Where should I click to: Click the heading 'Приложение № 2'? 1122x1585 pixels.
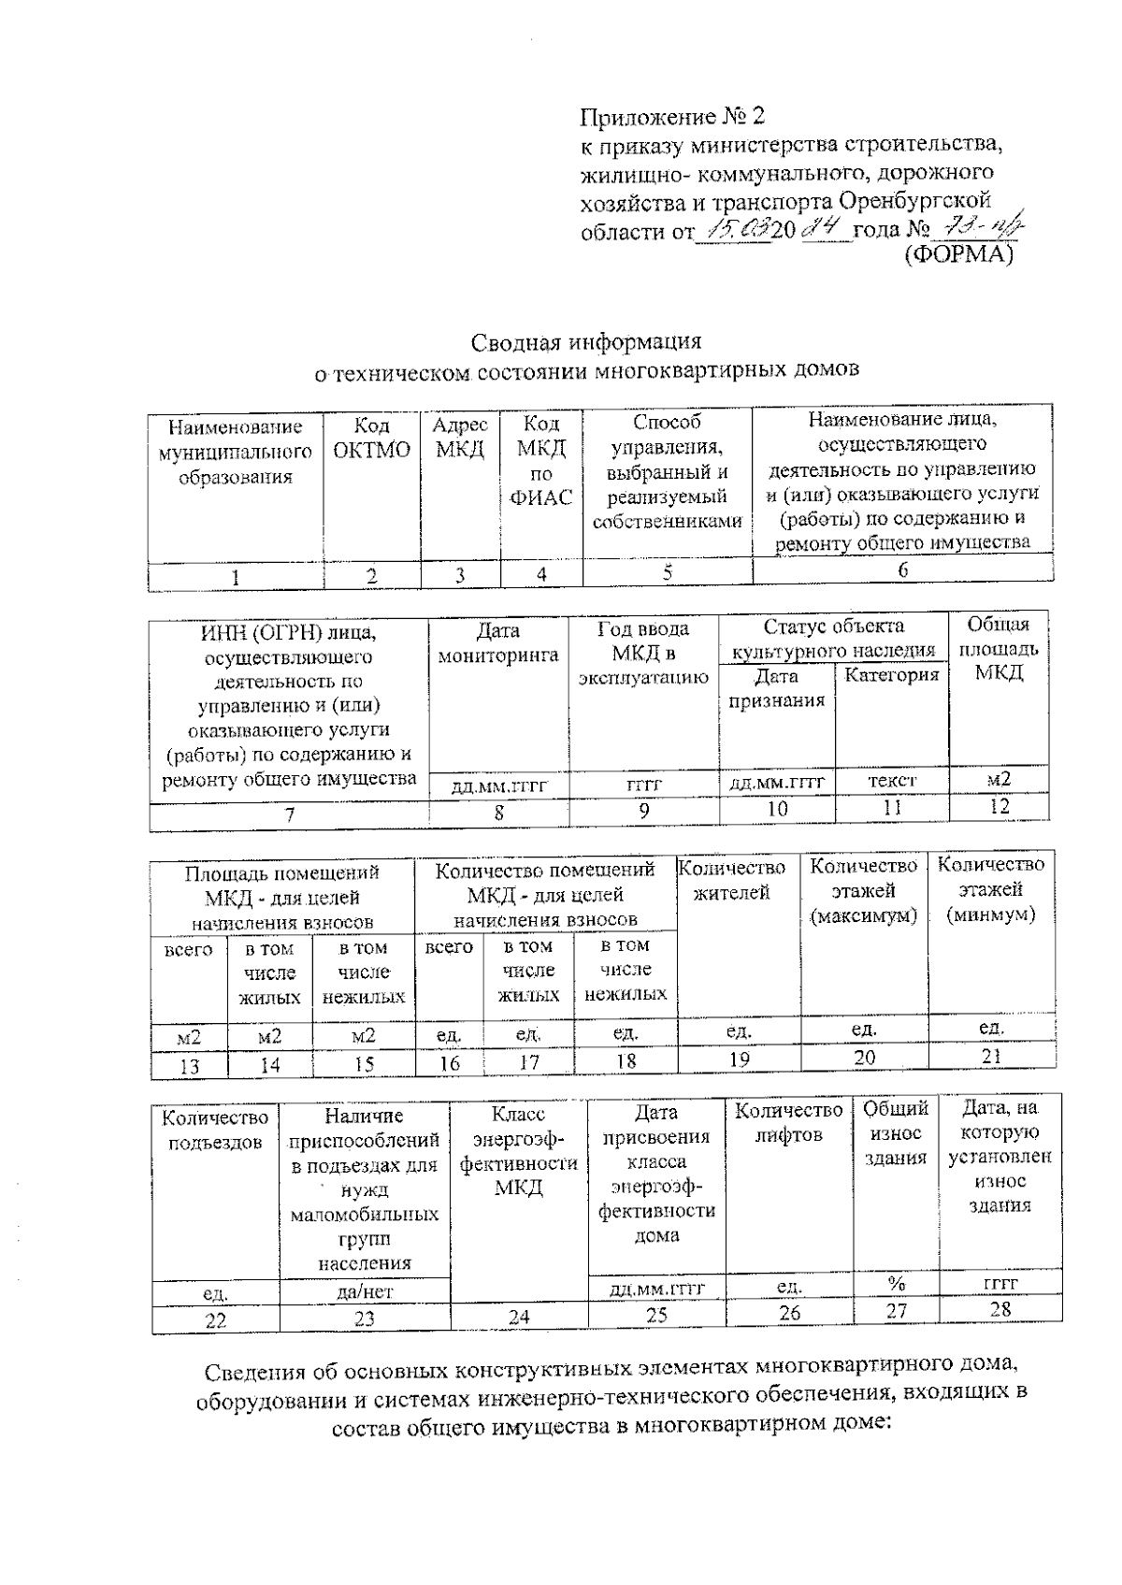(x=672, y=117)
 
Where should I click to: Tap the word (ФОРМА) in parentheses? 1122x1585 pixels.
(x=960, y=253)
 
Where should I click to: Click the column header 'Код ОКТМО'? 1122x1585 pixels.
(x=372, y=439)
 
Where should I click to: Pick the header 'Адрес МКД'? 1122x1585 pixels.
(x=460, y=437)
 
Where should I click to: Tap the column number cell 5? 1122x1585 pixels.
(x=668, y=572)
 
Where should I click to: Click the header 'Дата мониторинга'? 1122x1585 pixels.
(x=498, y=642)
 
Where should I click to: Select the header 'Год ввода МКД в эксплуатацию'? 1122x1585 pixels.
(x=643, y=654)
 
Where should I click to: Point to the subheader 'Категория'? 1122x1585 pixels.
(x=891, y=675)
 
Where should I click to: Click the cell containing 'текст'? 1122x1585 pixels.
(x=892, y=780)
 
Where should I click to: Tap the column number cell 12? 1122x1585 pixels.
(x=999, y=806)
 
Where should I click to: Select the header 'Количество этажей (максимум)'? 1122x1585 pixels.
(x=863, y=891)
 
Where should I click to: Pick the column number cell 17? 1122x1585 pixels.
(x=529, y=1062)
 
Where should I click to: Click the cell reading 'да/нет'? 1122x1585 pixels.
(x=364, y=1292)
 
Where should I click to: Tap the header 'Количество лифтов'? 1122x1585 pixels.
(x=788, y=1123)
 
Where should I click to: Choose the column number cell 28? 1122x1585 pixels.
(x=1000, y=1309)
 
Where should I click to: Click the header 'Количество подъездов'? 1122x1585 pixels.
(x=215, y=1130)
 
